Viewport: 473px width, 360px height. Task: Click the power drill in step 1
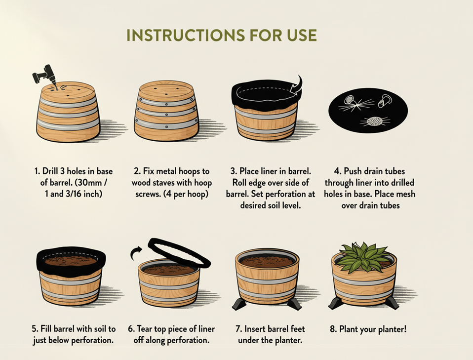44,75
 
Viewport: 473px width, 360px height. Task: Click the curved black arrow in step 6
135,253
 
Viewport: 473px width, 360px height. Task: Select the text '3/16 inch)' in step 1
86,194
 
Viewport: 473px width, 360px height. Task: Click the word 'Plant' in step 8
350,329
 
